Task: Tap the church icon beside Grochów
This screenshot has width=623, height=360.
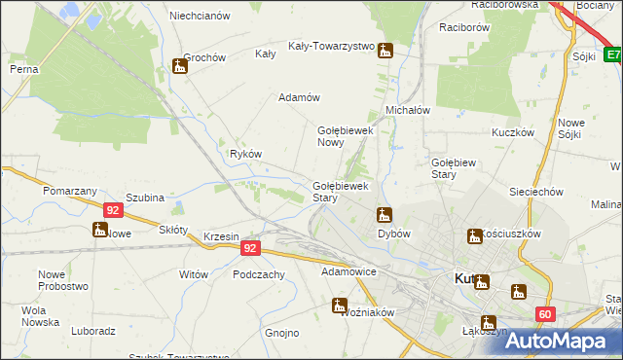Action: pyautogui.click(x=179, y=66)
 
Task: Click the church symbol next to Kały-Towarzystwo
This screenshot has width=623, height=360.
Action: pyautogui.click(x=386, y=53)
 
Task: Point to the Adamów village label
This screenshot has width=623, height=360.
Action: pyautogui.click(x=299, y=97)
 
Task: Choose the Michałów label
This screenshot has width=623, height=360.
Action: pyautogui.click(x=408, y=111)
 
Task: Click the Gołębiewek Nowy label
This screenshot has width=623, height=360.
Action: pyautogui.click(x=346, y=136)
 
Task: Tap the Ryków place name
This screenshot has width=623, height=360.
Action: pyautogui.click(x=245, y=154)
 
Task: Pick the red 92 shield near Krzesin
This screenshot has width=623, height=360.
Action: pyautogui.click(x=251, y=248)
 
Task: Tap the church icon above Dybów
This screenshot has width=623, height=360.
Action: pyautogui.click(x=385, y=214)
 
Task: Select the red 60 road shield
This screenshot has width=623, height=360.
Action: pyautogui.click(x=544, y=313)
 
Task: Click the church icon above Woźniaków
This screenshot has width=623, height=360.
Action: pyautogui.click(x=340, y=306)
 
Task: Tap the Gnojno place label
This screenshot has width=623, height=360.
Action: pyautogui.click(x=282, y=333)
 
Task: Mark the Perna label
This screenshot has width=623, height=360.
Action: pyautogui.click(x=23, y=69)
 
